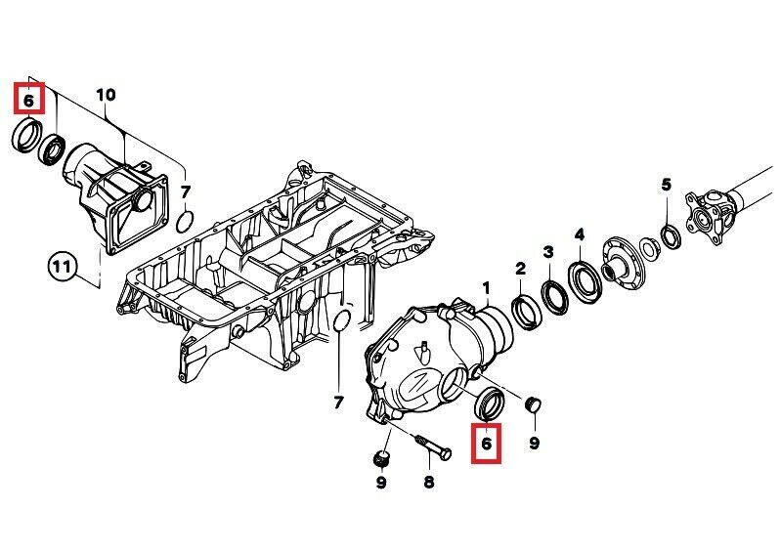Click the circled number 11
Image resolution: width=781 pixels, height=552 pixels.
point(63,268)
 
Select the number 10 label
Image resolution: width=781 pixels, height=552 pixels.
point(106,95)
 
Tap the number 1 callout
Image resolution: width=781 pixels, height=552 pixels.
point(487,287)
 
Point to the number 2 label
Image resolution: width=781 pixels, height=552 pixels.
point(520,270)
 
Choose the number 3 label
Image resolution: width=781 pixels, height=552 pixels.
point(548,252)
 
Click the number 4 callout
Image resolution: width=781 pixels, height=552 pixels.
point(580,234)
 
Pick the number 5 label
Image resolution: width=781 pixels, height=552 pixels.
point(667,185)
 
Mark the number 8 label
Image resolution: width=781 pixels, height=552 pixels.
point(429,482)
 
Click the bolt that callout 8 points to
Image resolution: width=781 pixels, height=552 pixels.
point(432,446)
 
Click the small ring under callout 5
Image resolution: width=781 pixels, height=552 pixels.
point(671,237)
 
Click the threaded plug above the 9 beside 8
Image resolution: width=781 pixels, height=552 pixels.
point(381,459)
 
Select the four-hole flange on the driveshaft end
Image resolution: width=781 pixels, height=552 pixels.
point(704,218)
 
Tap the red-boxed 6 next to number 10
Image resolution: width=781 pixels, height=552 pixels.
point(29,100)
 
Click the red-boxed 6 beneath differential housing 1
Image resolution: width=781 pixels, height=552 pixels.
point(487,443)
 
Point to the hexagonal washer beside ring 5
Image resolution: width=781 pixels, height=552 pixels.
point(648,248)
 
